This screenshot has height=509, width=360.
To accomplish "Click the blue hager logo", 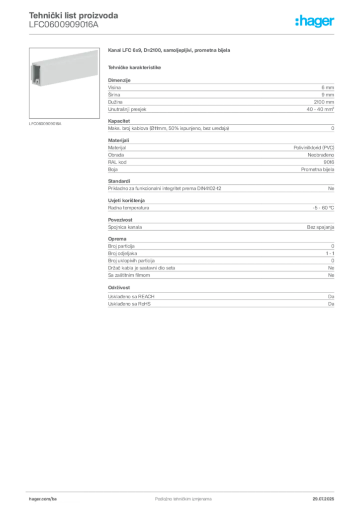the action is point(315,21).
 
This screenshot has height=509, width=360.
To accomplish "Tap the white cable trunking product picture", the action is point(60,69).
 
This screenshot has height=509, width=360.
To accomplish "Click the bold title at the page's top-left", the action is point(73,15).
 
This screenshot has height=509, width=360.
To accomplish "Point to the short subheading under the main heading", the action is point(135,66).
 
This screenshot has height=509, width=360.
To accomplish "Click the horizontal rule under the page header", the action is point(183,34).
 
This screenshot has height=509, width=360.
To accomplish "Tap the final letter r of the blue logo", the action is point(335,22).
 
